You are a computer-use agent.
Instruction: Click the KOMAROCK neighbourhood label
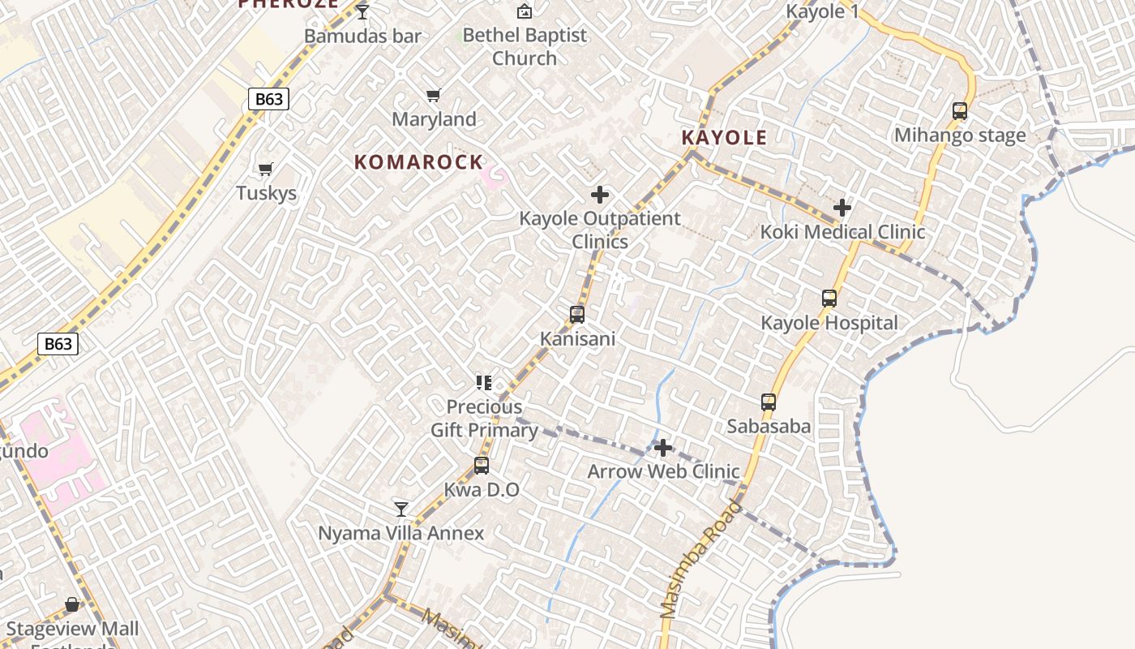(x=418, y=161)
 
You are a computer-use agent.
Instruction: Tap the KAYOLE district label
(x=724, y=137)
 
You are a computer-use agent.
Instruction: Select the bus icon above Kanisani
(x=577, y=314)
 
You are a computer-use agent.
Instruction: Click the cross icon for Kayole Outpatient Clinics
(x=600, y=195)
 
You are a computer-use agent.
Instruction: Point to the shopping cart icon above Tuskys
(x=266, y=169)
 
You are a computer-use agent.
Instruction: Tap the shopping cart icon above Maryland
(x=434, y=95)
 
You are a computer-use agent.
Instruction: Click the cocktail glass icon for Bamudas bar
(x=362, y=11)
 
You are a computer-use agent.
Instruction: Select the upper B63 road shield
(x=268, y=99)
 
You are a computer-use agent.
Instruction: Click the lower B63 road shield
(x=58, y=344)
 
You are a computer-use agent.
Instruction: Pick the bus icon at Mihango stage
(x=960, y=111)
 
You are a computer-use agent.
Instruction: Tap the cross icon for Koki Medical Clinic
(x=842, y=208)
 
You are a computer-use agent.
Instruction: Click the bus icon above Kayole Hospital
(x=829, y=299)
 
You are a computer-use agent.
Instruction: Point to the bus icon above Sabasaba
(x=769, y=402)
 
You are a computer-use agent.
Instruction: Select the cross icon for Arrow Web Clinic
(x=663, y=448)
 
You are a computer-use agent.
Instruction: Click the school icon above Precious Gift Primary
(x=484, y=382)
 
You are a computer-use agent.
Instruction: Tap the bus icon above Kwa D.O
(x=482, y=466)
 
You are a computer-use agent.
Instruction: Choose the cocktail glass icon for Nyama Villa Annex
(x=400, y=509)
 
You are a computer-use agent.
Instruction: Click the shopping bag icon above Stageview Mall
(x=72, y=604)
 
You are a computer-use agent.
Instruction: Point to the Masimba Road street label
(x=700, y=560)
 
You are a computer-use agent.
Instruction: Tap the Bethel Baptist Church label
(x=525, y=46)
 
